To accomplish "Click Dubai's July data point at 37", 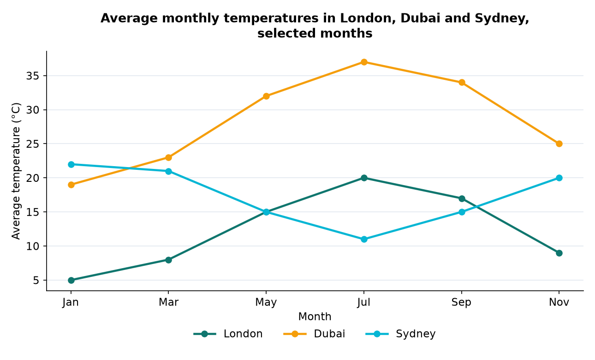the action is (364, 62).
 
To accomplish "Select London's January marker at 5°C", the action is (71, 280).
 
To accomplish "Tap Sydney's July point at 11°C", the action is (364, 239).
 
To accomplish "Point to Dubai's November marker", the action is (559, 144).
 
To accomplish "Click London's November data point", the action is (559, 253).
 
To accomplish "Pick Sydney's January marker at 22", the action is (71, 164).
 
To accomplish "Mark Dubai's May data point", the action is (266, 96).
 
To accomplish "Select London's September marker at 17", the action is (462, 198).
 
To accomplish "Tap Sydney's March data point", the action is (168, 171).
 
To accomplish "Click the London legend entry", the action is (228, 334).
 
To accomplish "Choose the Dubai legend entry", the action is (314, 334).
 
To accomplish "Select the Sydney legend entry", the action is (400, 334).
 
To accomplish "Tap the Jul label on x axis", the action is (364, 302).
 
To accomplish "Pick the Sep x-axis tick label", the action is (462, 302).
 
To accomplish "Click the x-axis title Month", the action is (315, 317).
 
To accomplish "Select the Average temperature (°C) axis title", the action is (16, 171).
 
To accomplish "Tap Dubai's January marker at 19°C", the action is (71, 185).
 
